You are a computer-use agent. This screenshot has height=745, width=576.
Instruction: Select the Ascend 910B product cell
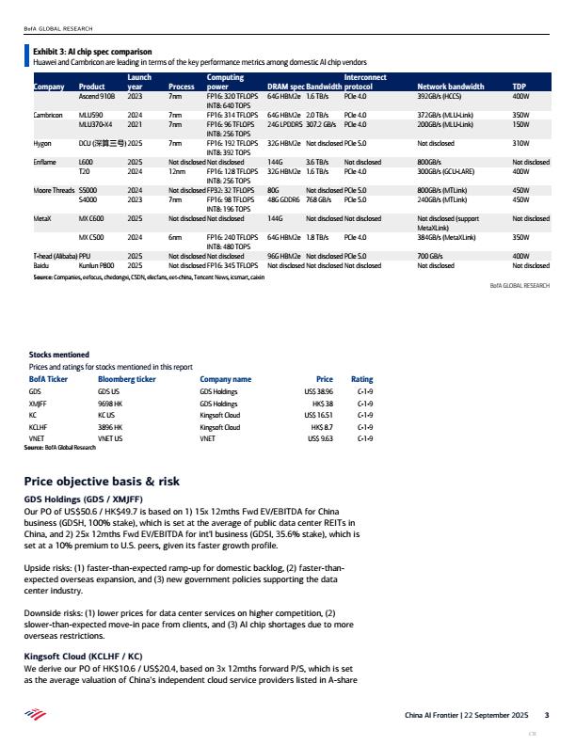coord(96,96)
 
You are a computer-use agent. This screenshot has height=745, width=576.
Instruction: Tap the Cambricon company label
coord(48,114)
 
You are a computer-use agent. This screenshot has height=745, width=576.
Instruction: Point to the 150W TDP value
coord(520,123)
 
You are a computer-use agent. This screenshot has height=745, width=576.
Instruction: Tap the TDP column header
coord(519,86)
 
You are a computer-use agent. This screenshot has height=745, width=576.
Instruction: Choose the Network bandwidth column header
coord(447,86)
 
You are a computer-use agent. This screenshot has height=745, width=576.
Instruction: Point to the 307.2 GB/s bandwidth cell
coord(323,123)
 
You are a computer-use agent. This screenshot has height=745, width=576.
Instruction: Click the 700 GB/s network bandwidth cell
coord(429,256)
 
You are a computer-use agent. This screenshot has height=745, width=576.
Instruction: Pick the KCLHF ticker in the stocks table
coord(40,425)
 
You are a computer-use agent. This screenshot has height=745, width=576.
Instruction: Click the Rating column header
coord(361,378)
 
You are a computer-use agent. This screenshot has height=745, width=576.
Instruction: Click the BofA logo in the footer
coord(33,716)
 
